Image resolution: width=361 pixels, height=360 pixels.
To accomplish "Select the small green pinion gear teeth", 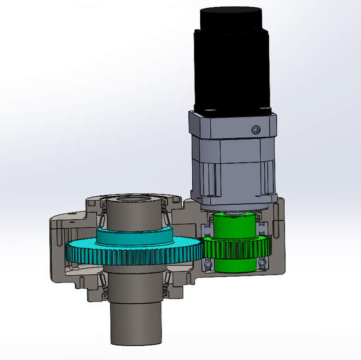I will [x=236, y=247].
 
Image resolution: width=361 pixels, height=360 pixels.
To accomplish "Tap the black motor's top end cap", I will [x=231, y=17].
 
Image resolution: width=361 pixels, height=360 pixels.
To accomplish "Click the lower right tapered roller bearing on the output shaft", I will [x=166, y=286].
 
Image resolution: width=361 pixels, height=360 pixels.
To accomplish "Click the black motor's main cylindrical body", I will [x=231, y=67].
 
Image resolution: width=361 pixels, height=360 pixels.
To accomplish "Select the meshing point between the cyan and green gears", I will [x=201, y=250].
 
